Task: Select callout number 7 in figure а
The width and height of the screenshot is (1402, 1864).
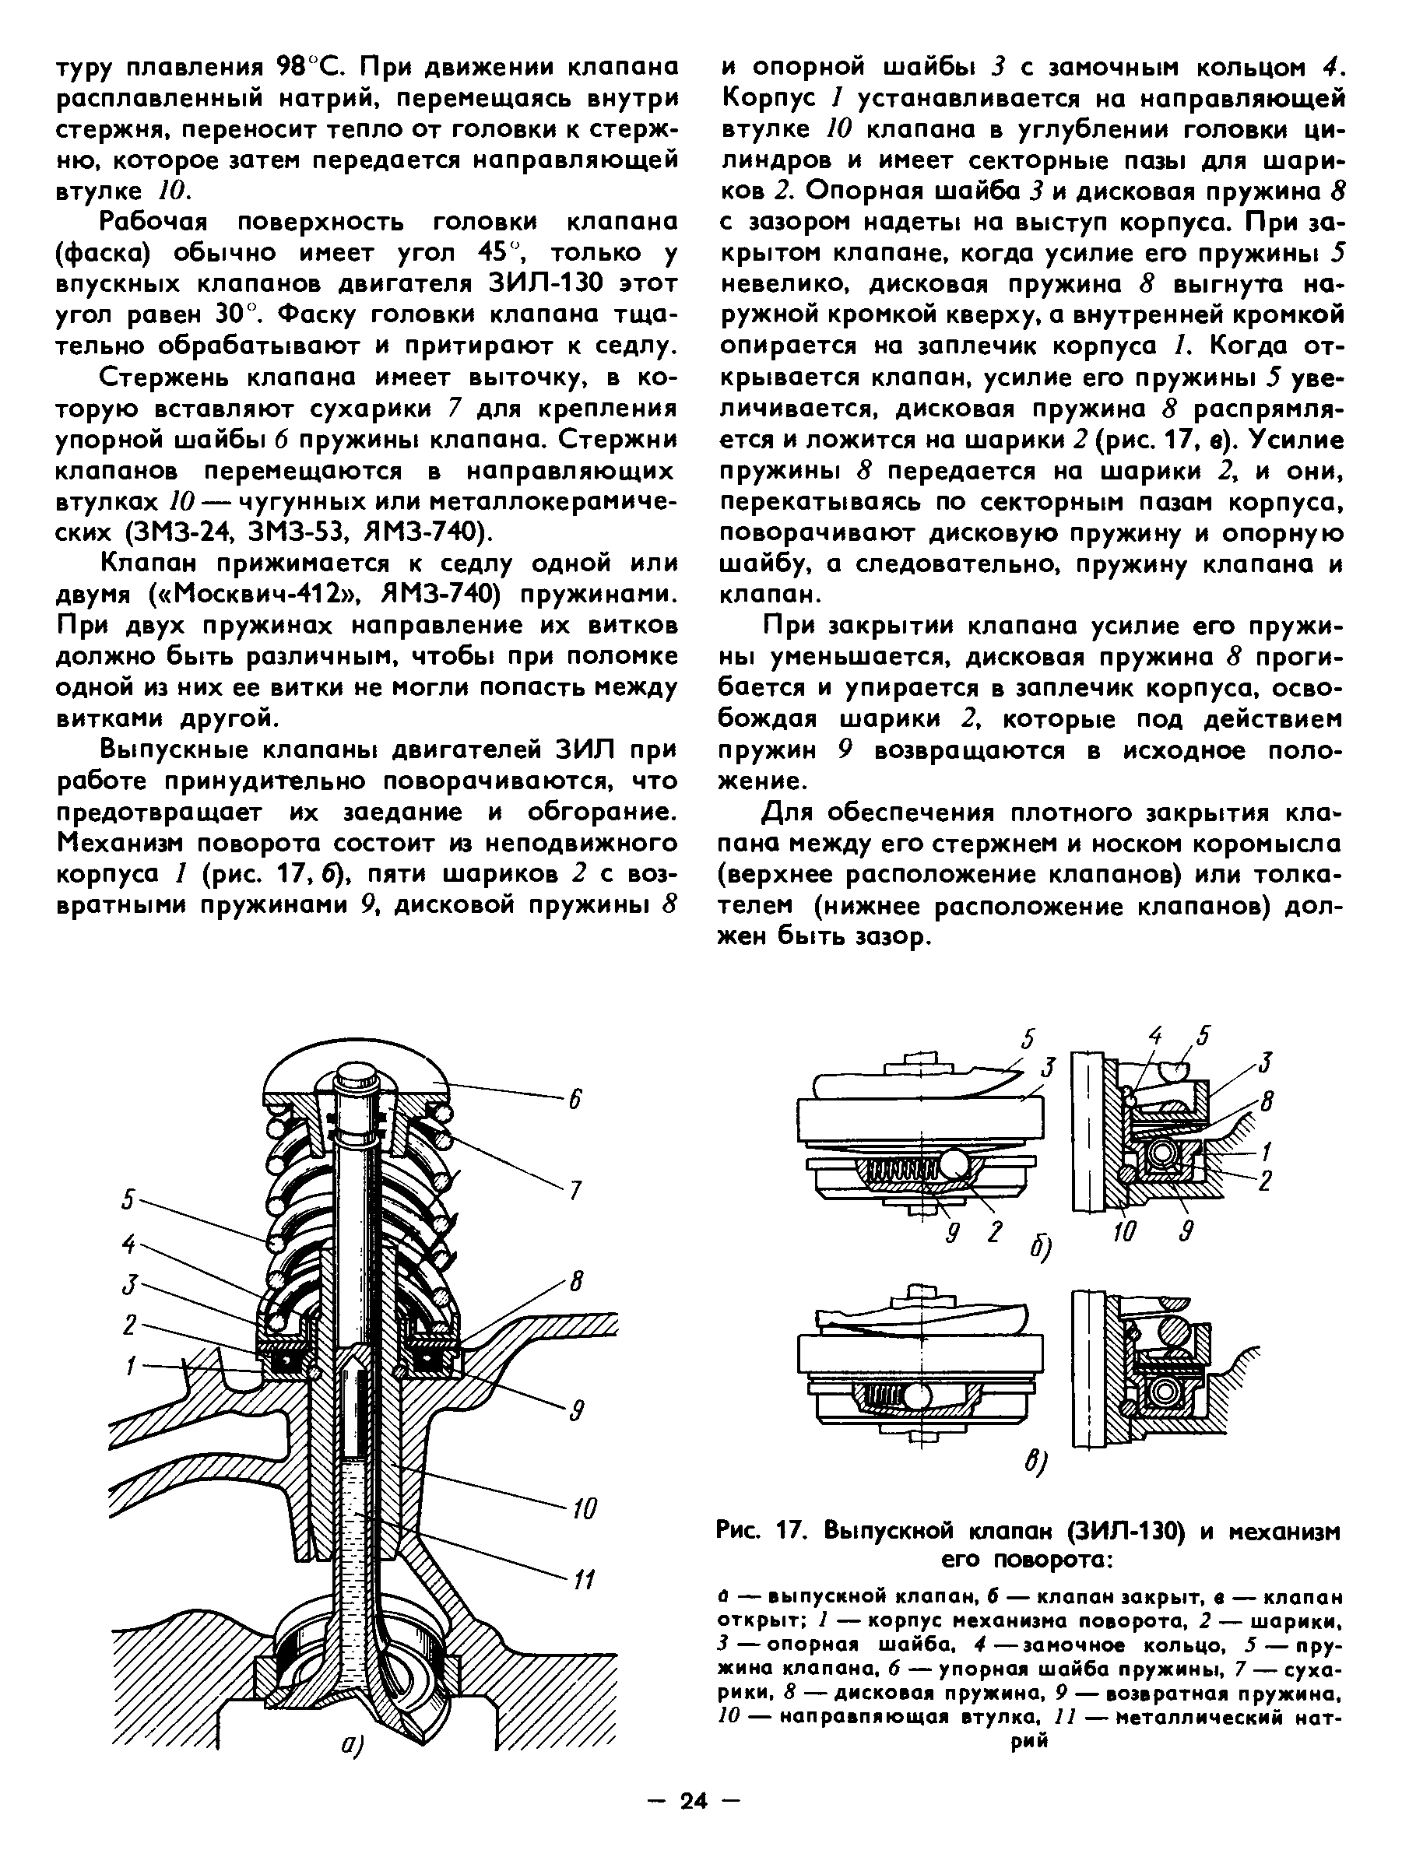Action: coord(575,1190)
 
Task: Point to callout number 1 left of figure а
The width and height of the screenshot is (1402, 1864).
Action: coord(131,1365)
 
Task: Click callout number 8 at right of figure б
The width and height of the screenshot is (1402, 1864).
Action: coord(1267,1101)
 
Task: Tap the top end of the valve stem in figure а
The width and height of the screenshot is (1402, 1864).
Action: coord(355,1076)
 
